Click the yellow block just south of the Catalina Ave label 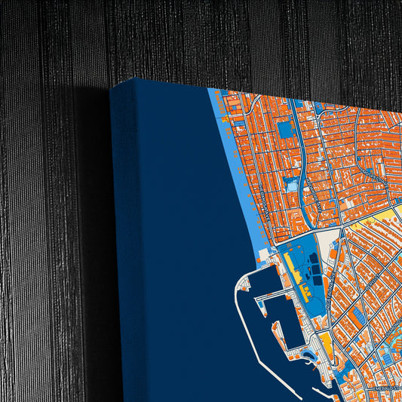pyautogui.click(x=327, y=344)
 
